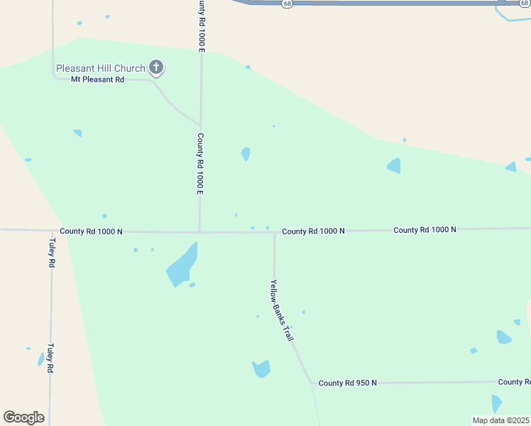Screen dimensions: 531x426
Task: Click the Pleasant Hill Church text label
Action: (101, 68)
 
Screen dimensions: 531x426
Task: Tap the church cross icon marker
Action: (156, 68)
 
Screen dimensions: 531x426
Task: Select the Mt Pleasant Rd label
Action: (97, 80)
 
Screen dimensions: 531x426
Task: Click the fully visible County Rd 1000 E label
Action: (201, 164)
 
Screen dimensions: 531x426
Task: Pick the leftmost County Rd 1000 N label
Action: (91, 231)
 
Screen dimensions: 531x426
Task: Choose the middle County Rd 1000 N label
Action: (313, 231)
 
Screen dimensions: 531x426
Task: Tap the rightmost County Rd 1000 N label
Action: (425, 229)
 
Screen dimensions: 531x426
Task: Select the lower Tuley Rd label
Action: (50, 358)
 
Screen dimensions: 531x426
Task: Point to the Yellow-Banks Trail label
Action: (281, 310)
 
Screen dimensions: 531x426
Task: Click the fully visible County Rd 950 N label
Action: (347, 383)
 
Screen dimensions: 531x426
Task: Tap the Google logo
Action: (23, 417)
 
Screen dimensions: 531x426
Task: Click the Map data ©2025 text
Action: (500, 420)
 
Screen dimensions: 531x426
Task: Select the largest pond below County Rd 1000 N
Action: (182, 265)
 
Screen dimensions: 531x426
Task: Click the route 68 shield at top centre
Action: (286, 4)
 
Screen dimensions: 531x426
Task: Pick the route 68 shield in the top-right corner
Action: (524, 4)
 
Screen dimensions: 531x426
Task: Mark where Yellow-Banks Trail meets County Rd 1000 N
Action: (274, 231)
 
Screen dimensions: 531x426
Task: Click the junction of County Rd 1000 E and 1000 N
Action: (199, 231)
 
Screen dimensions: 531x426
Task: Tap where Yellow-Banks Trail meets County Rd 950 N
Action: (311, 383)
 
